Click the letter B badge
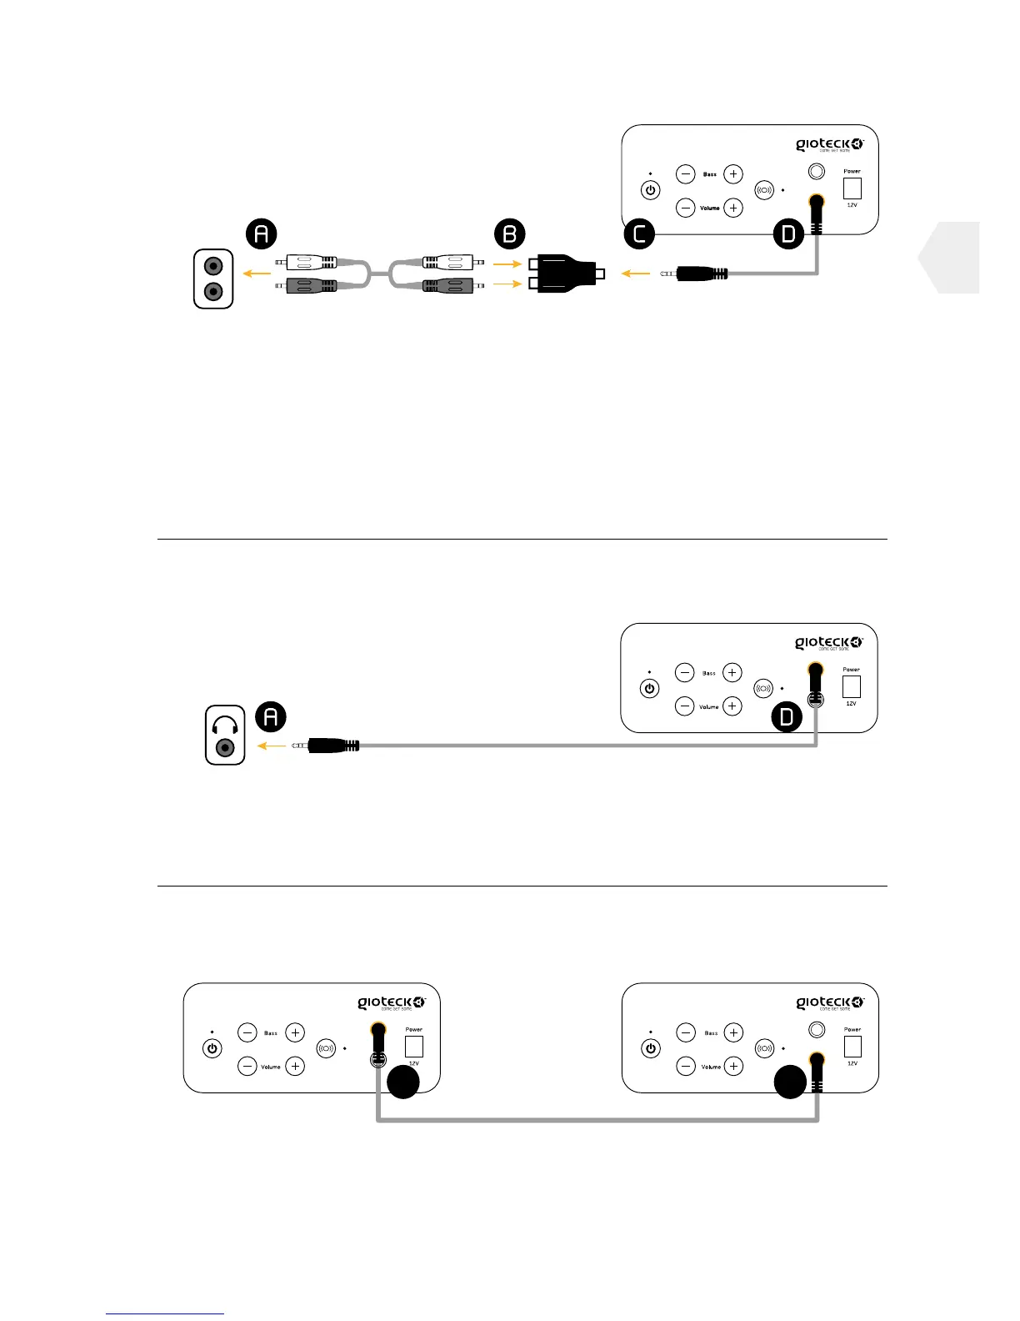click(510, 234)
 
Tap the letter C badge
click(640, 234)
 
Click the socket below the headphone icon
click(225, 748)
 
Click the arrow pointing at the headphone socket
click(271, 746)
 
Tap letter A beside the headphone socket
click(270, 716)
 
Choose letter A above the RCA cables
click(262, 234)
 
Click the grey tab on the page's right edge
click(951, 258)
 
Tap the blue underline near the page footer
click(165, 1313)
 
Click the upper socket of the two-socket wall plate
click(214, 267)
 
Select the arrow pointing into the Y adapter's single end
click(636, 273)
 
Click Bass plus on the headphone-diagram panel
click(732, 672)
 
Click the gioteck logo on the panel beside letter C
click(829, 145)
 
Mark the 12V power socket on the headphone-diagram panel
click(851, 686)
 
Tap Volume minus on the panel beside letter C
click(685, 208)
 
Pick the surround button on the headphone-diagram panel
click(763, 689)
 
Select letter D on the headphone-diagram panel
click(787, 716)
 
